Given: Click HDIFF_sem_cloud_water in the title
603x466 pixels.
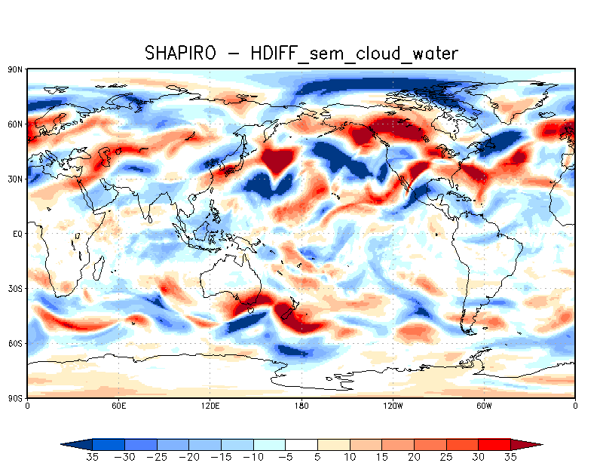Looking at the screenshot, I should pyautogui.click(x=354, y=53).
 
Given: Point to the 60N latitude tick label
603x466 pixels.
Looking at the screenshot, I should pyautogui.click(x=15, y=124).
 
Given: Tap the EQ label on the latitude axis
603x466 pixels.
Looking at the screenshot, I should pyautogui.click(x=17, y=234).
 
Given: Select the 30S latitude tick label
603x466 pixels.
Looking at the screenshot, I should pyautogui.click(x=15, y=289).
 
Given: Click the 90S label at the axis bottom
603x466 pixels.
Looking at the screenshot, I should pyautogui.click(x=15, y=398).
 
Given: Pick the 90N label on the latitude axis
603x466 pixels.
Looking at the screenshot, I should pyautogui.click(x=15, y=69).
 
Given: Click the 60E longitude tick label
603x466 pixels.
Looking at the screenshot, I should pyautogui.click(x=118, y=406).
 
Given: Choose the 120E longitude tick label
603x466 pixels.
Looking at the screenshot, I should pyautogui.click(x=210, y=406).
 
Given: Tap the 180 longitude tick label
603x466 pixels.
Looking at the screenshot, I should pyautogui.click(x=301, y=406).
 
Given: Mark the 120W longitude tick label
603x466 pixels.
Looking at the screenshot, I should pyautogui.click(x=393, y=406).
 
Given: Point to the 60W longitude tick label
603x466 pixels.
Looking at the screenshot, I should pyautogui.click(x=484, y=406).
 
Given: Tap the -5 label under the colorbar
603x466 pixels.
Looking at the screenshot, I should pyautogui.click(x=286, y=458).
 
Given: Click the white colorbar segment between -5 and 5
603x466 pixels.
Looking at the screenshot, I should pyautogui.click(x=301, y=445).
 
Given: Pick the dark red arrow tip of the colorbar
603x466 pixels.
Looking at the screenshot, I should pyautogui.click(x=532, y=445).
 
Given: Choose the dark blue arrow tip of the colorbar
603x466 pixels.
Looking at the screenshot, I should pyautogui.click(x=72, y=445).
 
